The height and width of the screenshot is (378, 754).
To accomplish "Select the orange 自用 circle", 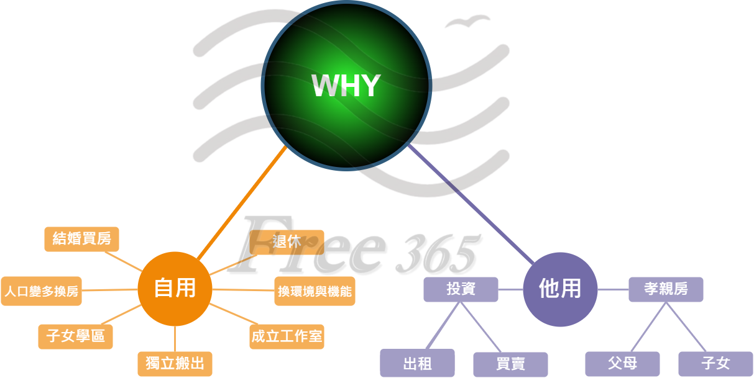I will pos(175,289).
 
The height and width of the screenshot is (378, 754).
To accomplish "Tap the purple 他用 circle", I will pos(560,289).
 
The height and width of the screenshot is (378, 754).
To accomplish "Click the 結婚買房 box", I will pos(81,239).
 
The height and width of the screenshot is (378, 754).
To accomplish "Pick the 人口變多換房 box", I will pos(41,291).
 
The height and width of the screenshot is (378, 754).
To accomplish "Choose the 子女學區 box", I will pos(75,336).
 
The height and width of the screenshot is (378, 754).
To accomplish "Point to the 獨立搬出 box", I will pos(175,363).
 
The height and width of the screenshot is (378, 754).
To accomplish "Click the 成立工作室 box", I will pos(287,336).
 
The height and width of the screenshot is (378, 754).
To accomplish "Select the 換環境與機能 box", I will pos(315,291).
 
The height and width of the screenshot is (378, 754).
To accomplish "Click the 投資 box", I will pos(461,289).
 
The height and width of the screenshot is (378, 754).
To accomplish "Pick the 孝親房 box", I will pos(666,289).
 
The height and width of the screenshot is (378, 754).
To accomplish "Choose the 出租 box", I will pos(417,363).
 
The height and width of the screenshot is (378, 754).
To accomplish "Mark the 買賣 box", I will pos(510,364).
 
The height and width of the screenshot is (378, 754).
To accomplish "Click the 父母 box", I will pos(622,363).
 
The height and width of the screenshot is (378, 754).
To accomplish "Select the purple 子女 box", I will pos(715,363).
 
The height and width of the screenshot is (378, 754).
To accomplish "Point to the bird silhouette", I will pos(466,22).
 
